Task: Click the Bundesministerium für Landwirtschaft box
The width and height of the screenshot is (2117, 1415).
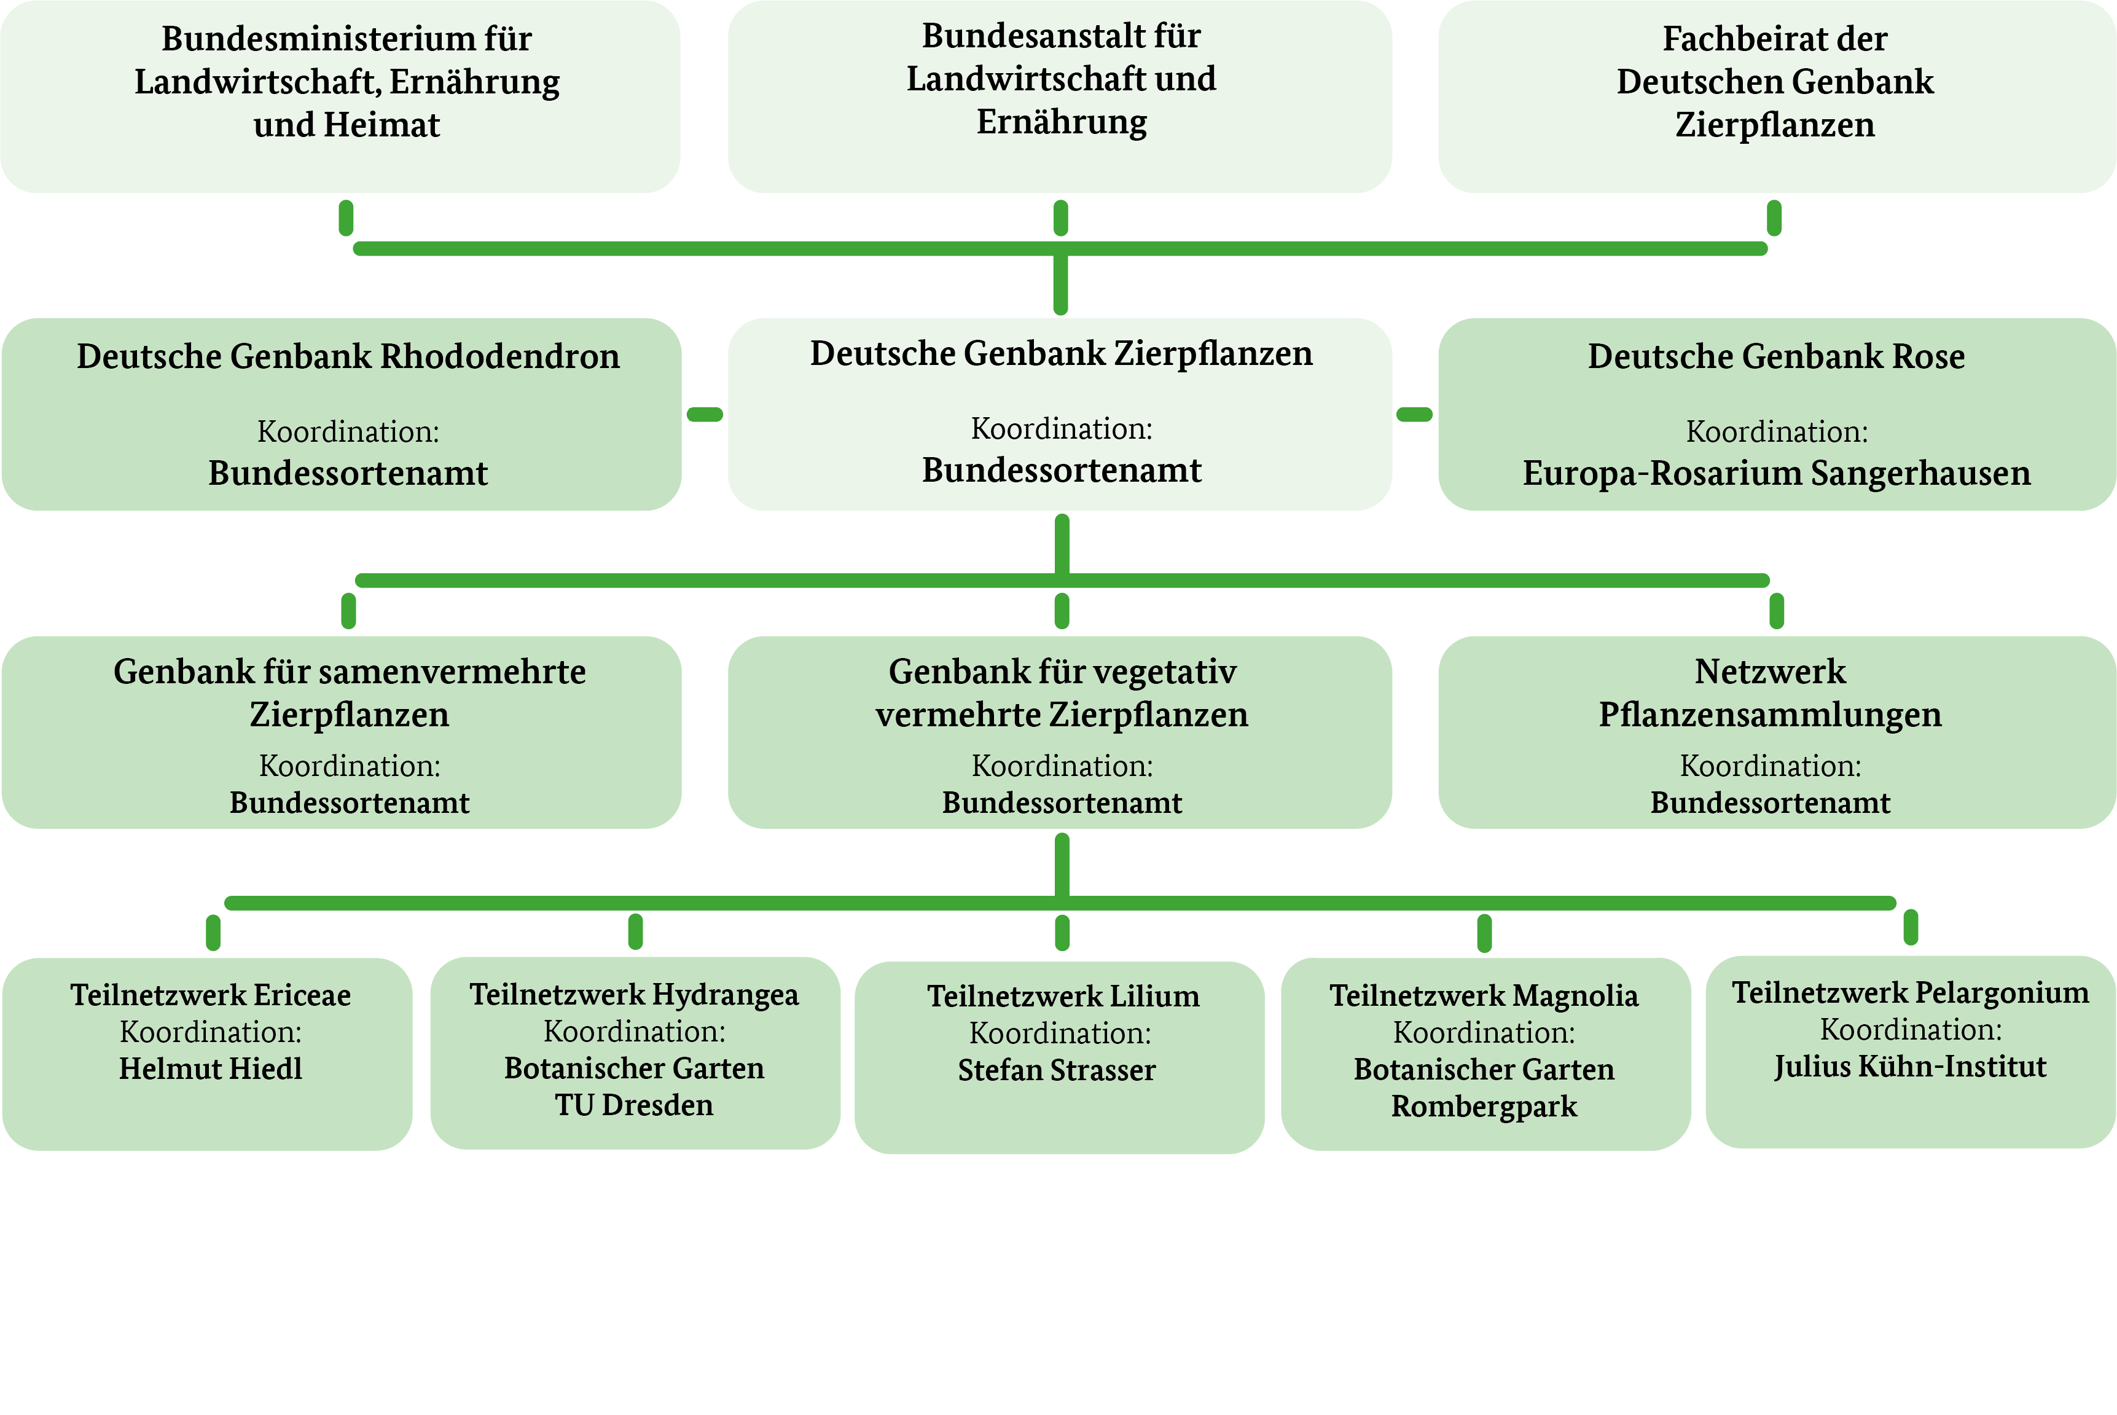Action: pyautogui.click(x=340, y=96)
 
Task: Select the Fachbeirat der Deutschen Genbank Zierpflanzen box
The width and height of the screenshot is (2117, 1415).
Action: pyautogui.click(x=1776, y=96)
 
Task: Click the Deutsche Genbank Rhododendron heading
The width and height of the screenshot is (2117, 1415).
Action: pyautogui.click(x=348, y=356)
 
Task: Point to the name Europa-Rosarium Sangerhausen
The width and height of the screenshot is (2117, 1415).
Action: pyautogui.click(x=1776, y=473)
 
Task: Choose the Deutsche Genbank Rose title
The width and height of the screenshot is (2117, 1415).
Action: pyautogui.click(x=1776, y=356)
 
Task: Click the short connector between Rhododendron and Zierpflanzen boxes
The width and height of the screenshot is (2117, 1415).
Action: pyautogui.click(x=705, y=414)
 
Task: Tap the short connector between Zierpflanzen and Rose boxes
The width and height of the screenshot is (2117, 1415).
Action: pyautogui.click(x=1414, y=414)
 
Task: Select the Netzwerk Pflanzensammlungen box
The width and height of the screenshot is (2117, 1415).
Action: pyautogui.click(x=1776, y=732)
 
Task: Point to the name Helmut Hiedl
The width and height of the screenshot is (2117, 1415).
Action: pyautogui.click(x=210, y=1068)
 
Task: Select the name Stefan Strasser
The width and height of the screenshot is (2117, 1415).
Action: pyautogui.click(x=1057, y=1070)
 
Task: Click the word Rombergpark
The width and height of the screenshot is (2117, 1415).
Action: pyautogui.click(x=1484, y=1107)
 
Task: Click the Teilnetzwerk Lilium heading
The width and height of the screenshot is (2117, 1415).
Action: pyautogui.click(x=1063, y=997)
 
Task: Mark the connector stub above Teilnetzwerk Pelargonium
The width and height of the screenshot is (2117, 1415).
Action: pyautogui.click(x=1911, y=927)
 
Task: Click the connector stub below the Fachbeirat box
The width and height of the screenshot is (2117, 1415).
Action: pyautogui.click(x=1774, y=218)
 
